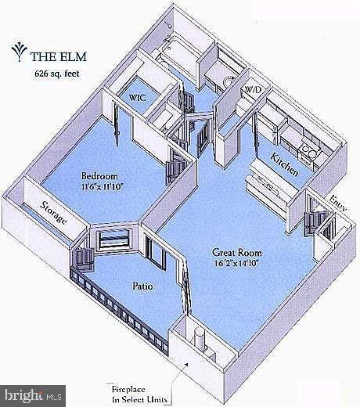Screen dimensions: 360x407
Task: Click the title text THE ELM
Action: [x=59, y=57]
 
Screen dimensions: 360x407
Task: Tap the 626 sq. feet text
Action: [x=57, y=74]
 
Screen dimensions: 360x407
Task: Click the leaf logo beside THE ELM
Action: [x=19, y=52]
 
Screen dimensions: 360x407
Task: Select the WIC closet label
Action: [x=138, y=98]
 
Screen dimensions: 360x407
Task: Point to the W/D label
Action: [x=253, y=89]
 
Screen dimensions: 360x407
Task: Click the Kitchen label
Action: [x=284, y=164]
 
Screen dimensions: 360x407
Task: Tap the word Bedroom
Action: [x=99, y=176]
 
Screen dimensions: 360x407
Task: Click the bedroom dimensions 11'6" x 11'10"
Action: [x=102, y=187]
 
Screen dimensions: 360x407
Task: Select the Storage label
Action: [x=53, y=213]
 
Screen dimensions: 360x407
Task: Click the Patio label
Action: [x=142, y=286]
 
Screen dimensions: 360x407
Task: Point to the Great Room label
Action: [x=237, y=253]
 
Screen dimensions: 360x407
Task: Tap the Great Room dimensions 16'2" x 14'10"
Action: [x=236, y=263]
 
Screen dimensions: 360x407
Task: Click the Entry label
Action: [x=338, y=203]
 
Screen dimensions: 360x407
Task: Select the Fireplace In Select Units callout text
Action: [x=139, y=394]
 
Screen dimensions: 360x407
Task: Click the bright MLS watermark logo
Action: [x=33, y=396]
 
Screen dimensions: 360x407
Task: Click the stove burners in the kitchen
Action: [x=308, y=152]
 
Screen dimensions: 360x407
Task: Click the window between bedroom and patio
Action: [x=114, y=240]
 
